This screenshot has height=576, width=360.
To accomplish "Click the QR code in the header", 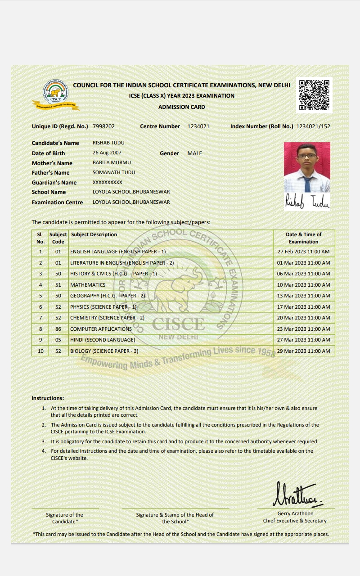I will [x=314, y=95].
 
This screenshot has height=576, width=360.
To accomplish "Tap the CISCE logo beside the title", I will [x=56, y=94].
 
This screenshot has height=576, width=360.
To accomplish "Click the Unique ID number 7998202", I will [x=103, y=126].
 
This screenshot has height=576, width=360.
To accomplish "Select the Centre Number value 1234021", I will [x=198, y=126].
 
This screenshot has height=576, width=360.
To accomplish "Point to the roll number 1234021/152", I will [x=313, y=126].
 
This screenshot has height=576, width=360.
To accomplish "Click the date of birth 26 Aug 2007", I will [x=107, y=153].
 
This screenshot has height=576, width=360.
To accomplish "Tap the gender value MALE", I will [x=194, y=153].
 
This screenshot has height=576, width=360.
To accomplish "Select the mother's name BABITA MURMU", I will [x=112, y=162].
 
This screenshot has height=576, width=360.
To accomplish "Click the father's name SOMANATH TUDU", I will [x=113, y=172].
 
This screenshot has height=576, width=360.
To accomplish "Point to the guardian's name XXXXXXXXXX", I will [x=107, y=182].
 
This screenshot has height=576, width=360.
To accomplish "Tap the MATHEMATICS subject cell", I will [x=88, y=285].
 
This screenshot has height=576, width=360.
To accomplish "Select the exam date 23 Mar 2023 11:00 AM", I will [x=303, y=329].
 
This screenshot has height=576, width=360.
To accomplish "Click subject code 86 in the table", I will [x=58, y=329].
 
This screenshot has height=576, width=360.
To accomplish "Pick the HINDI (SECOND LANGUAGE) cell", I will [x=103, y=340].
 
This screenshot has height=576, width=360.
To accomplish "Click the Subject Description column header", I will [x=94, y=234].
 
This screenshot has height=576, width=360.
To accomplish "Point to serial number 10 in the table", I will [x=40, y=351].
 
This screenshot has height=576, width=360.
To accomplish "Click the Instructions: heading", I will [x=48, y=398].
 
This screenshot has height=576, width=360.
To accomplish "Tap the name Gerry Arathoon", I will [x=295, y=513].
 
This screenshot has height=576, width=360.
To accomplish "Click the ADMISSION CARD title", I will [x=181, y=107].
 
